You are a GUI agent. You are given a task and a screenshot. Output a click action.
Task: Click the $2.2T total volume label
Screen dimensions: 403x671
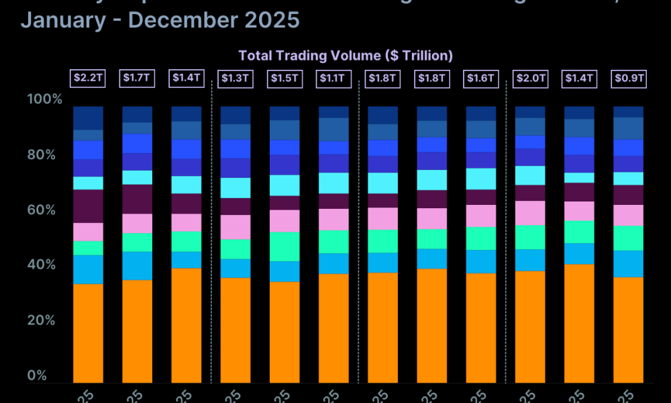(88, 78)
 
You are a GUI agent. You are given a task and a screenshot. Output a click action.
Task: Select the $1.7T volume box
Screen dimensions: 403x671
(138, 78)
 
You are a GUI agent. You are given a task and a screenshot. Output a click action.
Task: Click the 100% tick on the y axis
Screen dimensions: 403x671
(44, 99)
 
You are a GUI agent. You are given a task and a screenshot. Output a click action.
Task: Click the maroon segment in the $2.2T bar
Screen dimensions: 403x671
(88, 206)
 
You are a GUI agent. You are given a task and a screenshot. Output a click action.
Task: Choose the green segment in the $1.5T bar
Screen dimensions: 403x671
(285, 247)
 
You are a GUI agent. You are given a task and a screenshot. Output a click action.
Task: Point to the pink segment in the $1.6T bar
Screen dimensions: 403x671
(481, 216)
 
